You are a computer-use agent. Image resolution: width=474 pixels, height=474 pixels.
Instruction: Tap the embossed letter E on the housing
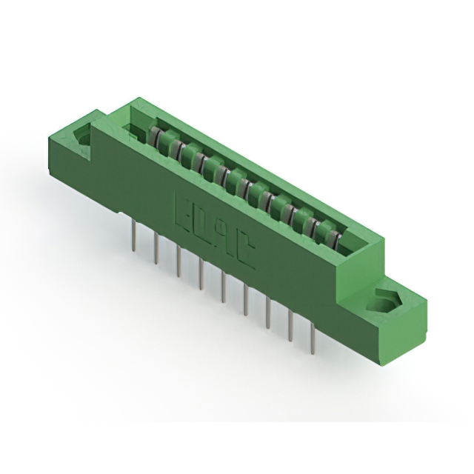[x=181, y=207]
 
